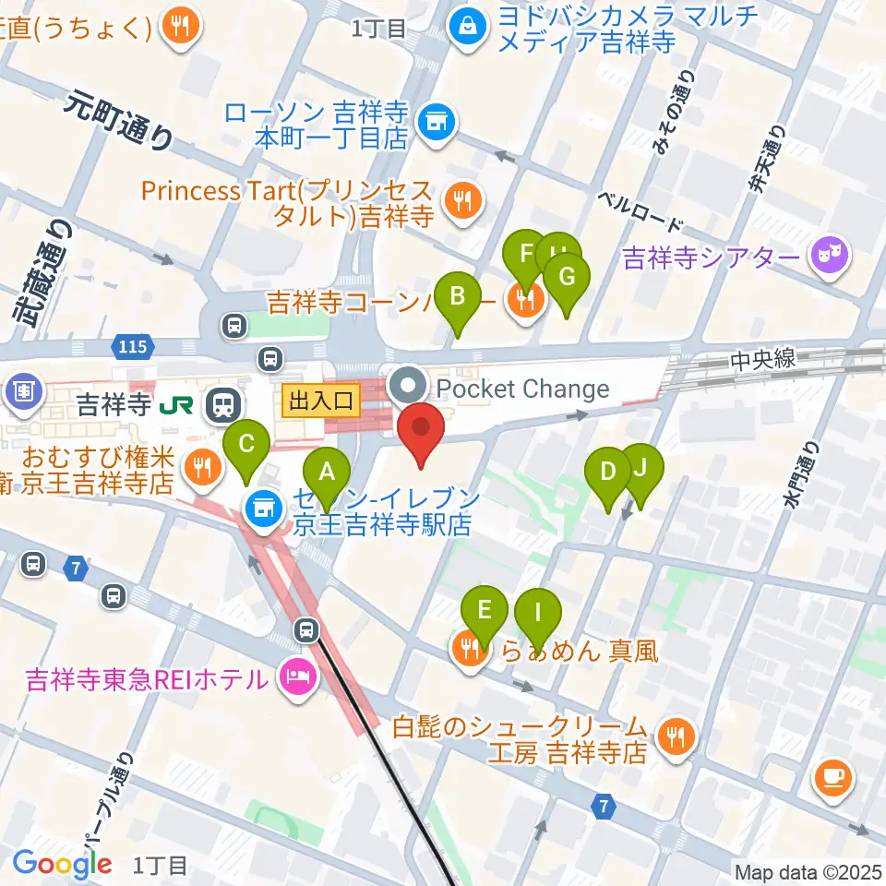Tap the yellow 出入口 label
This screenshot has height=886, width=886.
tap(321, 401)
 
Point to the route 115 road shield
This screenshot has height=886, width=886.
tap(130, 347)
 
